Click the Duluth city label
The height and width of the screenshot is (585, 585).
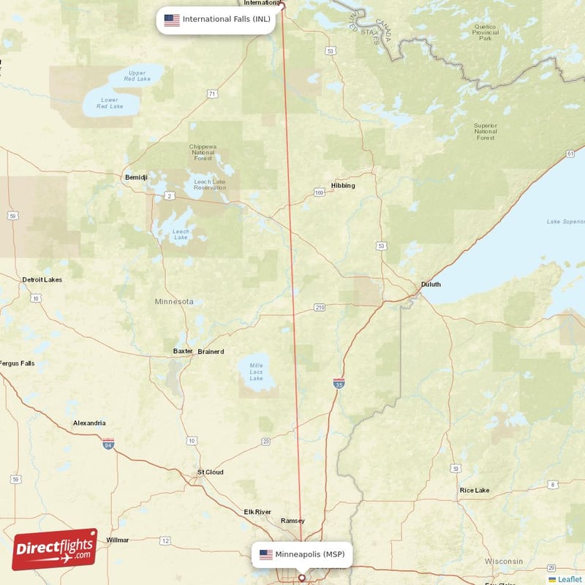coord(431,284)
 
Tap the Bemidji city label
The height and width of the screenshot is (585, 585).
coord(136,177)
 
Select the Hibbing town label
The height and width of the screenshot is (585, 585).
coord(343,185)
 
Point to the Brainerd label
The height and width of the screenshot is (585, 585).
coord(211,351)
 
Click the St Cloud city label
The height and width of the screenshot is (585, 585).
coord(211,472)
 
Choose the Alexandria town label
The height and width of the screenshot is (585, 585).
coord(89,423)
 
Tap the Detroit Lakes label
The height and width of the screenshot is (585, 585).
coord(42,279)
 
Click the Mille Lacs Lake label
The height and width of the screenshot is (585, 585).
coord(256,371)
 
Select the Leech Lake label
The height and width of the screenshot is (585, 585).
coord(181,235)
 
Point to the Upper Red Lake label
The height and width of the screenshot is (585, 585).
coord(137,75)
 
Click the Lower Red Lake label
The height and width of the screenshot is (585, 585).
coord(110,103)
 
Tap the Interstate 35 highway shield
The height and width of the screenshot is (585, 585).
coord(339,383)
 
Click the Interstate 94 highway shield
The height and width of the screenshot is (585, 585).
coord(108,443)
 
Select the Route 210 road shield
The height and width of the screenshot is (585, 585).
coord(319,307)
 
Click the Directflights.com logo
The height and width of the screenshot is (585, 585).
coord(55,549)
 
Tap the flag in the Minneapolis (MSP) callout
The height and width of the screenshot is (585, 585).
coord(265,554)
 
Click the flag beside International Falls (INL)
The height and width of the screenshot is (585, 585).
coord(171,20)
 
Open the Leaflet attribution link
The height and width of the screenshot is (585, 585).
coord(569,579)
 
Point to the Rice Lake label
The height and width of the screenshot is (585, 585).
coord(475,490)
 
